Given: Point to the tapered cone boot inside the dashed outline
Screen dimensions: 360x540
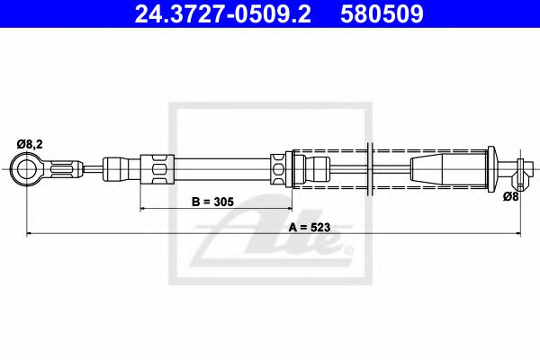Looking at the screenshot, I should pyautogui.click(x=445, y=167).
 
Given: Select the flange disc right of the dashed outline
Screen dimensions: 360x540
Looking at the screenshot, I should pyautogui.click(x=490, y=167).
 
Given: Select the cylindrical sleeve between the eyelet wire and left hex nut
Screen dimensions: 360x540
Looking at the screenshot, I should pyautogui.click(x=118, y=167).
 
